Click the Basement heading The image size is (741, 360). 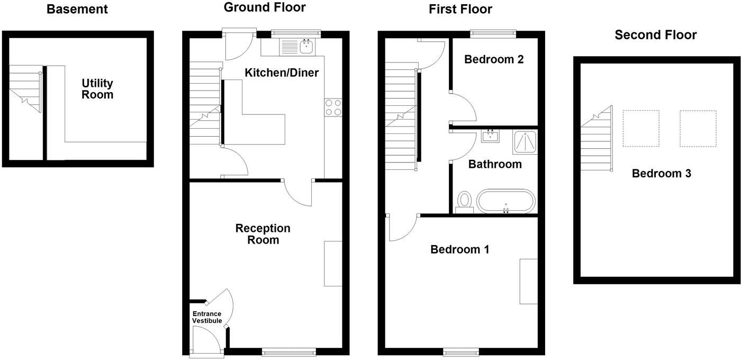click(77, 9)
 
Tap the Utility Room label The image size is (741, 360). click(97, 89)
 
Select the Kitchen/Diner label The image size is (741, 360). click(282, 73)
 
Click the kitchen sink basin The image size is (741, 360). click(307, 47)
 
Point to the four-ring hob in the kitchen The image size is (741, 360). click(333, 107)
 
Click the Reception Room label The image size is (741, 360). click(263, 234)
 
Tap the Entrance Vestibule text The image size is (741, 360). click(207, 317)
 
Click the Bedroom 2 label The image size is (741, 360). click(494, 59)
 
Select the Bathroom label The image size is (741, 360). click(495, 164)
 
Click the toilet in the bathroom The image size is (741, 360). click(465, 202)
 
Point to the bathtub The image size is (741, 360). click(505, 201)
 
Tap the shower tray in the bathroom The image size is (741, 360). click(525, 142)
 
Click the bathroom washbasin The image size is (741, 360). click(490, 136)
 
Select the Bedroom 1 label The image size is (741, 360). click(459, 249)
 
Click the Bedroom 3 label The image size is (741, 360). click(661, 174)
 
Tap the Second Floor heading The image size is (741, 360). click(656, 35)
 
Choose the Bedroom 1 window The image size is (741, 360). click(461, 352)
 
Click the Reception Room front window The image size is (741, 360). click(289, 352)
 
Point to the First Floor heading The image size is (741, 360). click(460, 9)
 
